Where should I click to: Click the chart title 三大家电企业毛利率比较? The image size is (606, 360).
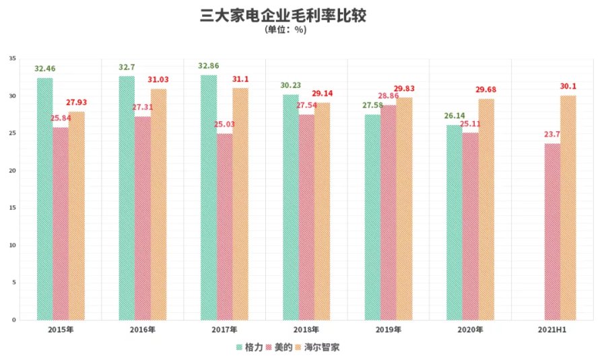pyautogui.click(x=283, y=15)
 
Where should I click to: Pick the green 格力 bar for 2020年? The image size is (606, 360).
pyautogui.click(x=454, y=222)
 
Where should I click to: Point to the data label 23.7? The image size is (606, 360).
pyautogui.click(x=553, y=135)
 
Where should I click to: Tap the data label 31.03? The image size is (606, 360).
pyautogui.click(x=158, y=79)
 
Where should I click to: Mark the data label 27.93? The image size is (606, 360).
pyautogui.click(x=76, y=102)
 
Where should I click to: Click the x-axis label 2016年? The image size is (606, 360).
pyautogui.click(x=143, y=330)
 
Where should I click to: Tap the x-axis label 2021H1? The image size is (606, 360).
pyautogui.click(x=551, y=330)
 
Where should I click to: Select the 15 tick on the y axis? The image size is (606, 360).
pyautogui.click(x=12, y=209)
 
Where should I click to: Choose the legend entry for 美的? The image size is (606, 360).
pyautogui.click(x=278, y=347)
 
